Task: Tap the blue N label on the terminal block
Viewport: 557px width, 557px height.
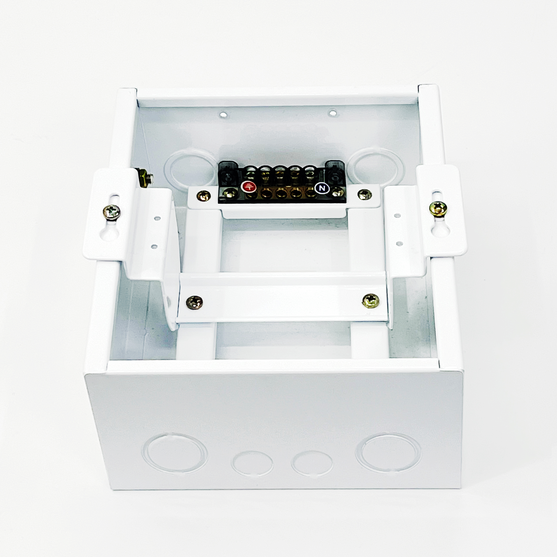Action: click(322, 188)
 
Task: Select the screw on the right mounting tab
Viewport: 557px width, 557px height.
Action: click(438, 208)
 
